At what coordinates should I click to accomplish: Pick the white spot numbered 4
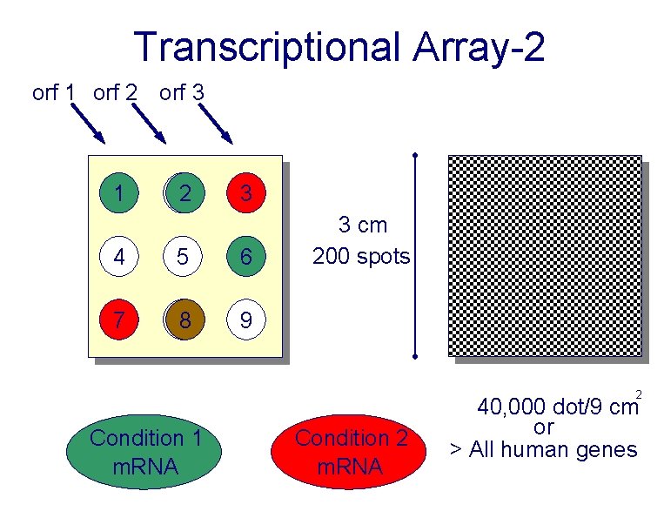tap(118, 258)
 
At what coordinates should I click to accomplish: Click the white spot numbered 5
tap(183, 258)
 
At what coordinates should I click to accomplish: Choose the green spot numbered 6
tap(246, 258)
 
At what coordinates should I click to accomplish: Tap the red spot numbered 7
tap(118, 321)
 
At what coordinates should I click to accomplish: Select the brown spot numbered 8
tap(184, 321)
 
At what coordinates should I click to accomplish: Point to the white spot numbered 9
tap(246, 321)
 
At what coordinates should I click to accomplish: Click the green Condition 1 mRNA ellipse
tap(145, 452)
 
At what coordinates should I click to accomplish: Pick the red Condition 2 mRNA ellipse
tap(351, 452)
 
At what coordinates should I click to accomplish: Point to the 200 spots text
tap(361, 256)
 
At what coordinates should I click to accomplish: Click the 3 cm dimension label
tap(362, 225)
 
